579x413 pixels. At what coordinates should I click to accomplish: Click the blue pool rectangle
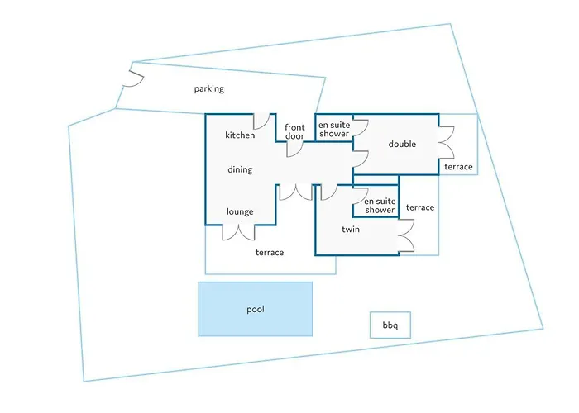[256, 309]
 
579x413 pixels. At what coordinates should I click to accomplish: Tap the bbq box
[390, 325]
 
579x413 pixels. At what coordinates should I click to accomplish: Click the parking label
[209, 88]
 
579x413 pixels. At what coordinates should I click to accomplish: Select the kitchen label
[240, 135]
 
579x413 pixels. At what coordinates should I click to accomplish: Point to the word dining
[240, 170]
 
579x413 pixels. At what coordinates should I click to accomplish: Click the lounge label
[240, 211]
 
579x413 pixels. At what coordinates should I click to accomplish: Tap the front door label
[295, 132]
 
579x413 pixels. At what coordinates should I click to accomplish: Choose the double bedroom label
[402, 145]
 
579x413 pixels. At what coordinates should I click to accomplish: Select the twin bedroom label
[353, 229]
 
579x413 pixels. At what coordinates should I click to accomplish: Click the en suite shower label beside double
[334, 129]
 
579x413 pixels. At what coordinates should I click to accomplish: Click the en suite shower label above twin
[380, 205]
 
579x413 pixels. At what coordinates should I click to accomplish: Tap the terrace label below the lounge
[270, 253]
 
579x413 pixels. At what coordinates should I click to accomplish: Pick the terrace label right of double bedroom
[458, 167]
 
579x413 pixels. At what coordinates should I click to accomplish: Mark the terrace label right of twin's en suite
[420, 207]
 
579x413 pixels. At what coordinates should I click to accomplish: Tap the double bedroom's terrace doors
[446, 141]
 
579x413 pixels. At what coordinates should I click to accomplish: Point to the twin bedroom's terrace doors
[405, 237]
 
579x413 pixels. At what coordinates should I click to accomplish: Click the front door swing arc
[296, 149]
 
